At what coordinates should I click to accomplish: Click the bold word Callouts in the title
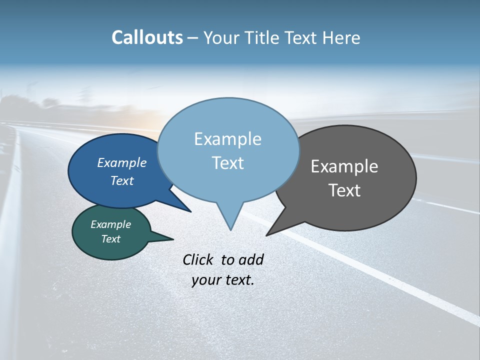pos(147,37)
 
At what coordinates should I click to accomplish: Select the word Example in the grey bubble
pos(344,166)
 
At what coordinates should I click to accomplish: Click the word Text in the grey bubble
pos(344,190)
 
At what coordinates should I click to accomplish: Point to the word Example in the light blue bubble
pos(227,139)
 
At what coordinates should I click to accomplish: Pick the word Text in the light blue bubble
pos(227,163)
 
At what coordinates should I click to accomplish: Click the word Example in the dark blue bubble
pos(121,163)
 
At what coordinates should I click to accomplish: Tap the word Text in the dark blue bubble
pos(121,180)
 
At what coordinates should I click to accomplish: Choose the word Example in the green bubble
pos(110,224)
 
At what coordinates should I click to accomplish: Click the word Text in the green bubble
pos(110,239)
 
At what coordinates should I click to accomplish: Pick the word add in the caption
pos(251,259)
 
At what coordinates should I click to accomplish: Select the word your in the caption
pos(205,279)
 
